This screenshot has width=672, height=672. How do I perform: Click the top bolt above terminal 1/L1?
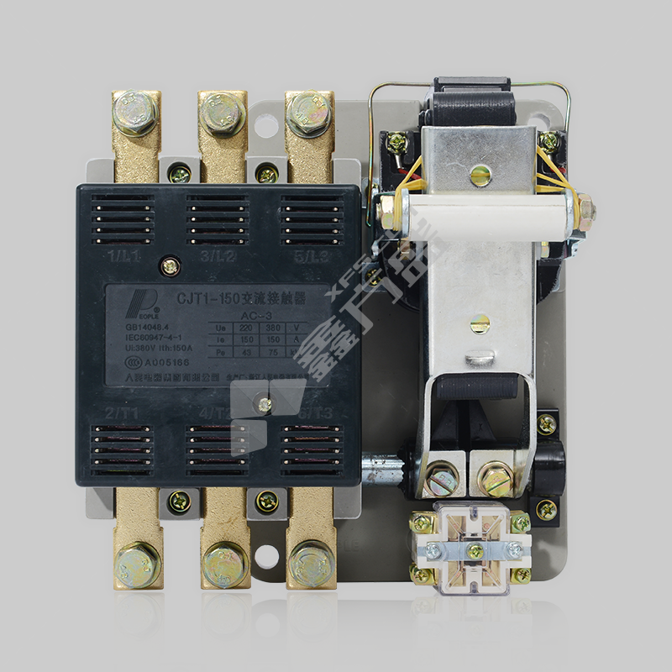[x=137, y=111]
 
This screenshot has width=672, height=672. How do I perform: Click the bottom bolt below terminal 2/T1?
[x=137, y=563]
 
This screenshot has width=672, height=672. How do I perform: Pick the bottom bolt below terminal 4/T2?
[x=224, y=561]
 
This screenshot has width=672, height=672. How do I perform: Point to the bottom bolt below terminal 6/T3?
[x=310, y=561]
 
